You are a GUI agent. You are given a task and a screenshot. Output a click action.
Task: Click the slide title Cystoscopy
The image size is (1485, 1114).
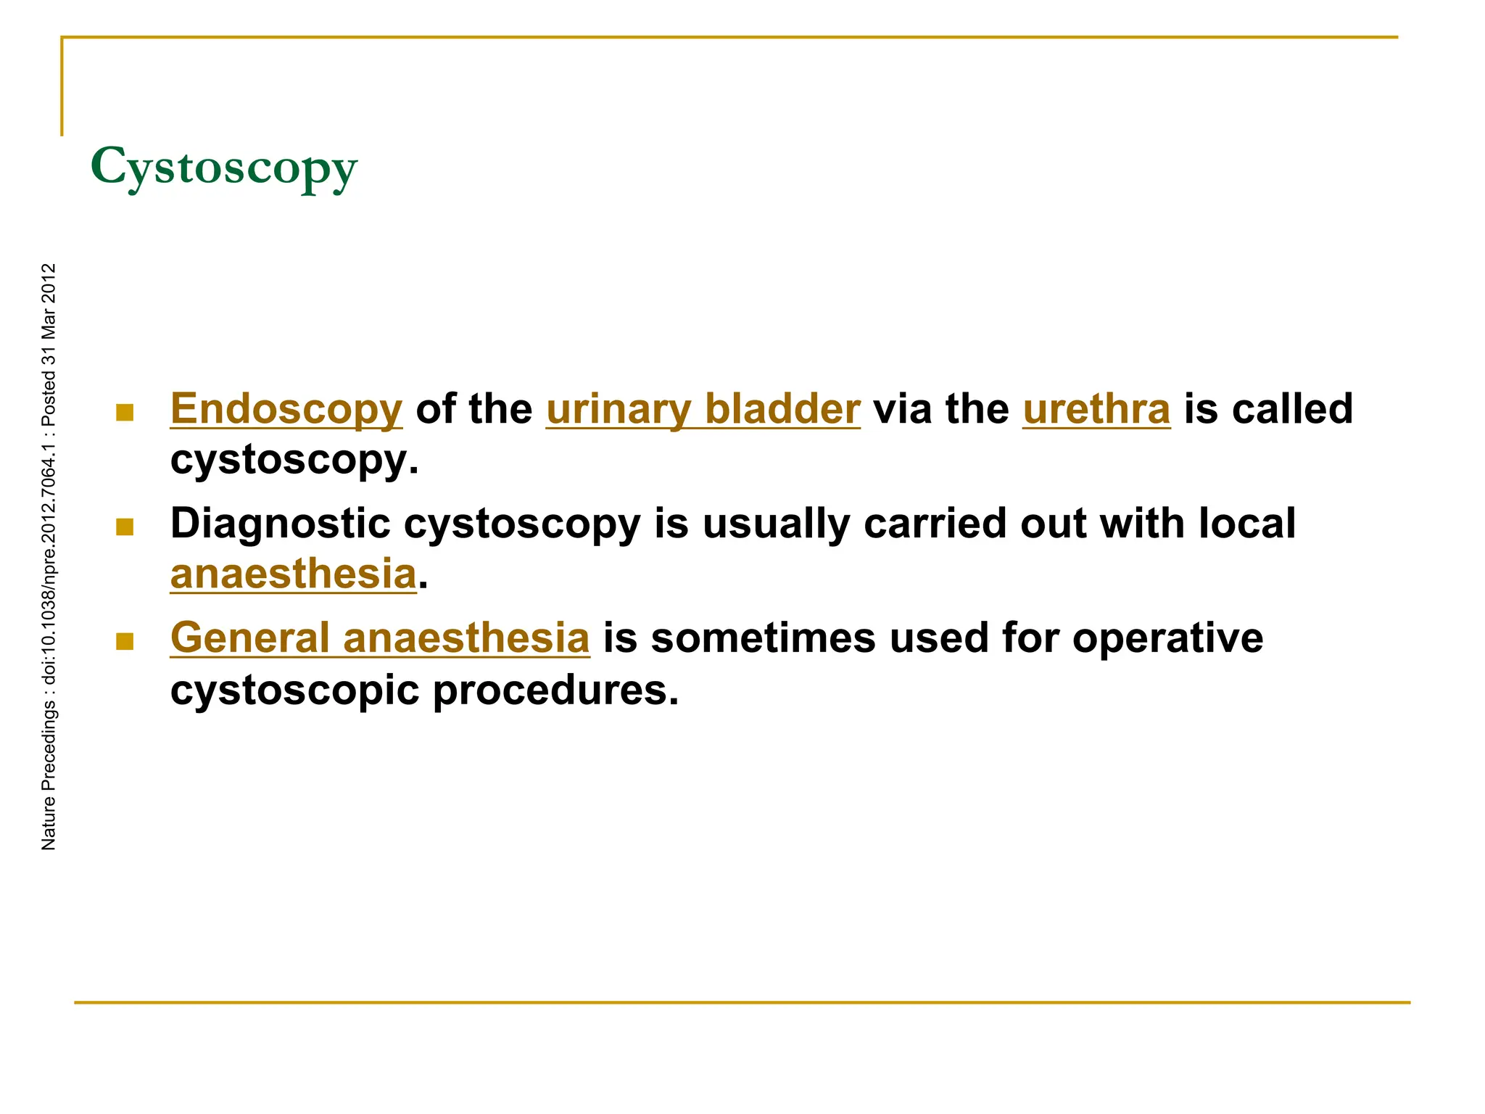223,168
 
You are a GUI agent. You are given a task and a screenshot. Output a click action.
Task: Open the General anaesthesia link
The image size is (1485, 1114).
379,638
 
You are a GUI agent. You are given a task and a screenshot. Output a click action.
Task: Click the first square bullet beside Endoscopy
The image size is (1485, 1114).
125,413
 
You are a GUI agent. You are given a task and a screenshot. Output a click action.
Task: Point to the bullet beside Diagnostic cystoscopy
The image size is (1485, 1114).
125,527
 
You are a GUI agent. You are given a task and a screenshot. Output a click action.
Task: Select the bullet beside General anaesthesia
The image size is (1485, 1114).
125,641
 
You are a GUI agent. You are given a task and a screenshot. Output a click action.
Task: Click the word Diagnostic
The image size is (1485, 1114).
280,523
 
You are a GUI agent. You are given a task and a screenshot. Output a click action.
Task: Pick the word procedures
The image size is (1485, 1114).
555,690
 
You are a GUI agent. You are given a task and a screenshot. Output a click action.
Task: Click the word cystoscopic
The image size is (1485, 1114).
294,690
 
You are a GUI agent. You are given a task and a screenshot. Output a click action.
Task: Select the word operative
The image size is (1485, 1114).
1167,638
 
